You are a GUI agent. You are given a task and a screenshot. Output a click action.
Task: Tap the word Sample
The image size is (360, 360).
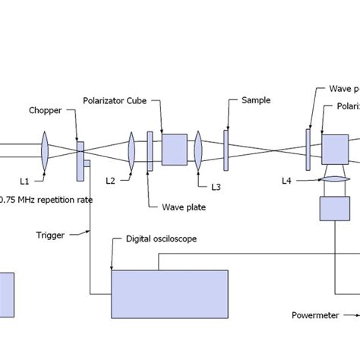click(x=255, y=99)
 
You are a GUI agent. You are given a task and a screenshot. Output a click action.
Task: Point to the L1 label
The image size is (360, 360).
click(x=24, y=182)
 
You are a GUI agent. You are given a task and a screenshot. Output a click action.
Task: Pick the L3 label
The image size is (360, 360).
click(x=216, y=185)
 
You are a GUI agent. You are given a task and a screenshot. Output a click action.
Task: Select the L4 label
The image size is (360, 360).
click(x=286, y=181)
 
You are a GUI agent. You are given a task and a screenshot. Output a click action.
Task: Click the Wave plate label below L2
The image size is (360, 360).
click(x=184, y=206)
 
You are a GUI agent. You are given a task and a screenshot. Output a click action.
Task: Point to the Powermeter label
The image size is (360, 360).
click(x=314, y=314)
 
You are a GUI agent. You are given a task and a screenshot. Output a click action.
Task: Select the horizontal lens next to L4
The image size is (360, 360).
click(x=335, y=181)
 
